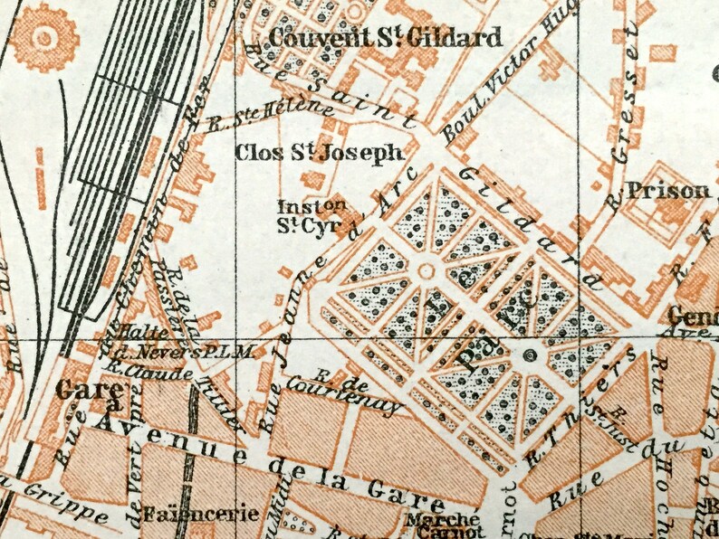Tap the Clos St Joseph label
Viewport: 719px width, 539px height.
pos(318,153)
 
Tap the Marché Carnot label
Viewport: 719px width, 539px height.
pos(441,525)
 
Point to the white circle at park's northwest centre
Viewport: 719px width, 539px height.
pos(426,270)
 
